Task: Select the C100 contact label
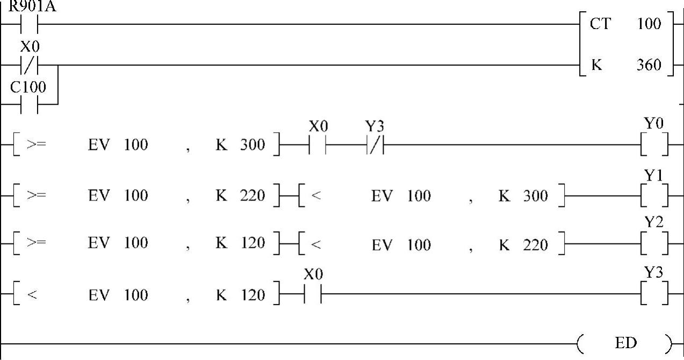click(x=28, y=87)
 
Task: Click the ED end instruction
click(x=625, y=343)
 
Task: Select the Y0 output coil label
click(x=654, y=124)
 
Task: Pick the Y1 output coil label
click(x=654, y=175)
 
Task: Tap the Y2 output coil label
click(x=654, y=222)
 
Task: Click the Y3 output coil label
click(x=654, y=273)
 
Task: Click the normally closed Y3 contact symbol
click(x=375, y=145)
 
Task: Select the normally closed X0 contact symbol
click(x=30, y=66)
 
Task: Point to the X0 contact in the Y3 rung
click(x=313, y=294)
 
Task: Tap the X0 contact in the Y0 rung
click(x=318, y=145)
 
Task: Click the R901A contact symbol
click(x=30, y=24)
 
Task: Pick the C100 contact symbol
click(x=30, y=106)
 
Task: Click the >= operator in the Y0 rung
click(x=36, y=145)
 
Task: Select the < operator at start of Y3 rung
click(x=32, y=295)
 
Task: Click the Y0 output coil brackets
click(x=654, y=145)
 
